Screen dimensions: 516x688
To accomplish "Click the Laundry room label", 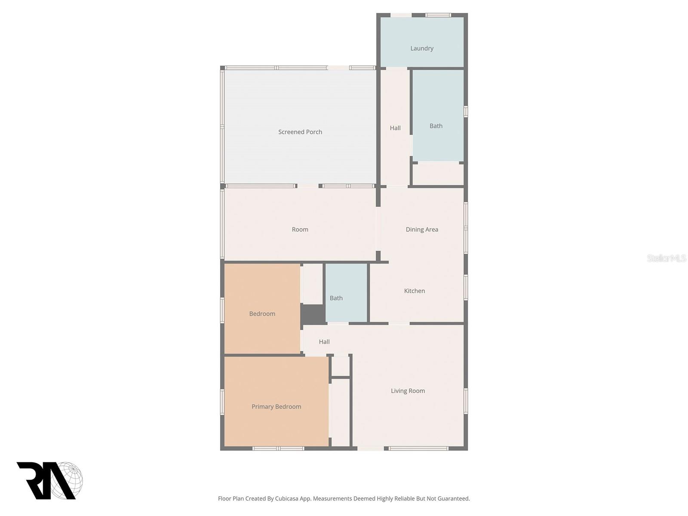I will click(421, 49).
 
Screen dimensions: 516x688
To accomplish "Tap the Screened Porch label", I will click(300, 132).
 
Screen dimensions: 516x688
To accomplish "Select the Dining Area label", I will click(421, 230).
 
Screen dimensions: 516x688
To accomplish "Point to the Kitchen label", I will click(414, 291).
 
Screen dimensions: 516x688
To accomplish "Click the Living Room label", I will click(408, 391).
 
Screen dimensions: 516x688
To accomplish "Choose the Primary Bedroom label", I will click(276, 407).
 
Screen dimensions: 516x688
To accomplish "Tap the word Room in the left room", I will click(300, 230).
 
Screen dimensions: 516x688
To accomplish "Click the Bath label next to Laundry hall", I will click(436, 126).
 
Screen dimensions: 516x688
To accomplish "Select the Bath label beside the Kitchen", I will click(336, 298).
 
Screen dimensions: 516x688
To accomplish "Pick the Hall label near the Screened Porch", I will click(395, 128).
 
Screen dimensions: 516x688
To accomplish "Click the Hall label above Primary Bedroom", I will click(324, 342).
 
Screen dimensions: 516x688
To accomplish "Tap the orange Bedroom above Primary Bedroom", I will click(262, 314).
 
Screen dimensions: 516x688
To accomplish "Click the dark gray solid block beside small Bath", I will click(313, 314).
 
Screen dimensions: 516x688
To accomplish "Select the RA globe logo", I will click(49, 480).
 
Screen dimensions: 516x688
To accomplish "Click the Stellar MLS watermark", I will click(666, 258).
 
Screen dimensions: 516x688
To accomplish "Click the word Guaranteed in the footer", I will click(454, 499).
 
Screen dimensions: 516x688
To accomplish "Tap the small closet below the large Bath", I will click(438, 174).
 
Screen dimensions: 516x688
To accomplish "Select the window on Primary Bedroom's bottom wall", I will click(278, 448).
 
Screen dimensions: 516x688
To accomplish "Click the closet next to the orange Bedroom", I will click(313, 284).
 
